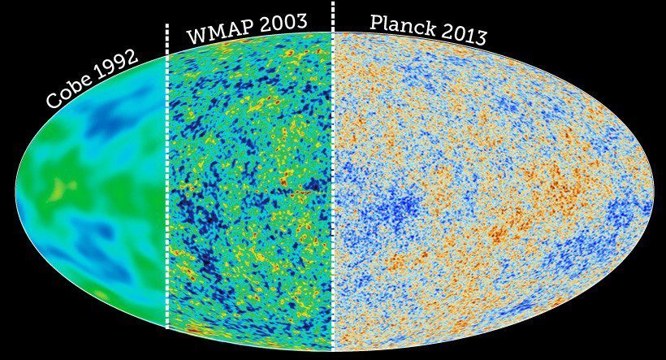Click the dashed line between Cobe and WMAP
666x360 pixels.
click(x=167, y=179)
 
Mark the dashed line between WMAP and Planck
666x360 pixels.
click(x=333, y=179)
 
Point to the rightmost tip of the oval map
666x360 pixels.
click(x=654, y=192)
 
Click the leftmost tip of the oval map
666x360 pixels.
click(x=15, y=192)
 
